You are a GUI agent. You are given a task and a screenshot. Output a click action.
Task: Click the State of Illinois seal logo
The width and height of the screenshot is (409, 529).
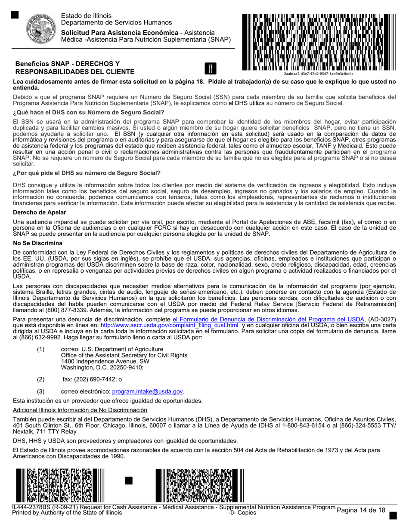pos(39,27)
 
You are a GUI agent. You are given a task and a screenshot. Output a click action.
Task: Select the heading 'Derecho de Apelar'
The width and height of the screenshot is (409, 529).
pos(40,212)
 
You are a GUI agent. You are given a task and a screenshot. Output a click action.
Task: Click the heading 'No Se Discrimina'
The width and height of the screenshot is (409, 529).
pos(38,243)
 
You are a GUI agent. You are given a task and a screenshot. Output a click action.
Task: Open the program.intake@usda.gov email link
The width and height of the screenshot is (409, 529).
pos(148,391)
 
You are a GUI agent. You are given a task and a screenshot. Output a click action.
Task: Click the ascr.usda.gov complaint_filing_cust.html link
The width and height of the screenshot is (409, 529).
pos(169,326)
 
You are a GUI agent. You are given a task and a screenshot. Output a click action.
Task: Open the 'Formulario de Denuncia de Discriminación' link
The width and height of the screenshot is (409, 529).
pos(268,320)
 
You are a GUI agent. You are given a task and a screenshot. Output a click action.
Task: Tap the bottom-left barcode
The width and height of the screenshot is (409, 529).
pos(60,485)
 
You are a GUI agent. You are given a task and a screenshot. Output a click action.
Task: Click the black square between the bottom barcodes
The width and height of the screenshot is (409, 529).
pos(128,480)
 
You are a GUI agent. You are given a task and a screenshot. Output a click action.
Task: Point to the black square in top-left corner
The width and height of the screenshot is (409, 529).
pos(15,15)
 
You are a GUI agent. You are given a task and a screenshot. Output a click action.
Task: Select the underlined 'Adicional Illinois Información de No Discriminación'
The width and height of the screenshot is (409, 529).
pos(80,410)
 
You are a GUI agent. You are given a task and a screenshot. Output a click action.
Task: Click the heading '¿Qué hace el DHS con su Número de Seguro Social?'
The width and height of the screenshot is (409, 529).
pos(89,113)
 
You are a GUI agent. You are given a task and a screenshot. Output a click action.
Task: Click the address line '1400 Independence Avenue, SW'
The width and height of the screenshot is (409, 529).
pos(105,361)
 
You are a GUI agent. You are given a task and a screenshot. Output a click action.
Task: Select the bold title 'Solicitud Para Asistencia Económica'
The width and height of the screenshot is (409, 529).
pos(120,33)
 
